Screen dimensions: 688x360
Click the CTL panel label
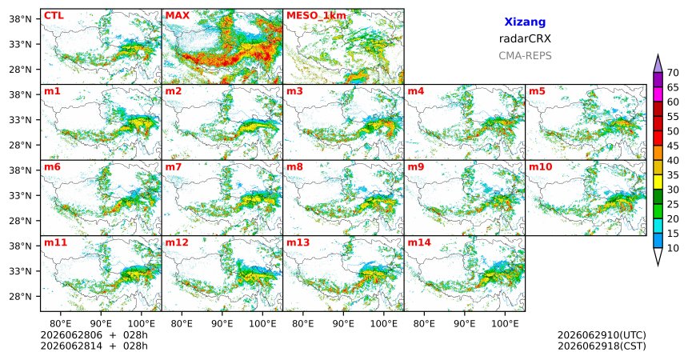coord(54,16)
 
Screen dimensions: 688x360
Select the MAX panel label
coord(178,16)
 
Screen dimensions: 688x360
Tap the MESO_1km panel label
coord(316,16)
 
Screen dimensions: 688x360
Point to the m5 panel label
coord(537,91)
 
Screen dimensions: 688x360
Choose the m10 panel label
coord(540,167)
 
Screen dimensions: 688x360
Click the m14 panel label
coord(419,242)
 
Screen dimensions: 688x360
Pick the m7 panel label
coord(174,167)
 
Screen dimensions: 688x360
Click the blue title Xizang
coord(525,22)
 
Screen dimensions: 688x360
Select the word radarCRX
coord(525,38)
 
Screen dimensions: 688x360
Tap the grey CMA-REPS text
coord(525,56)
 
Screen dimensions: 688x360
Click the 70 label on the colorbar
coord(673,73)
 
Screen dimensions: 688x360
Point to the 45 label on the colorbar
coord(673,146)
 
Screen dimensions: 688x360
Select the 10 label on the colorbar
coord(673,249)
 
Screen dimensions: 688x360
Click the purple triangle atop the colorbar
coord(658,65)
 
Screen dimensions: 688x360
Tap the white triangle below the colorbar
coord(658,255)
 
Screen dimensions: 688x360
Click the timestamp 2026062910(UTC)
coord(602,335)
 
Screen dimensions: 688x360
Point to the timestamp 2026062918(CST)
coord(602,346)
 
